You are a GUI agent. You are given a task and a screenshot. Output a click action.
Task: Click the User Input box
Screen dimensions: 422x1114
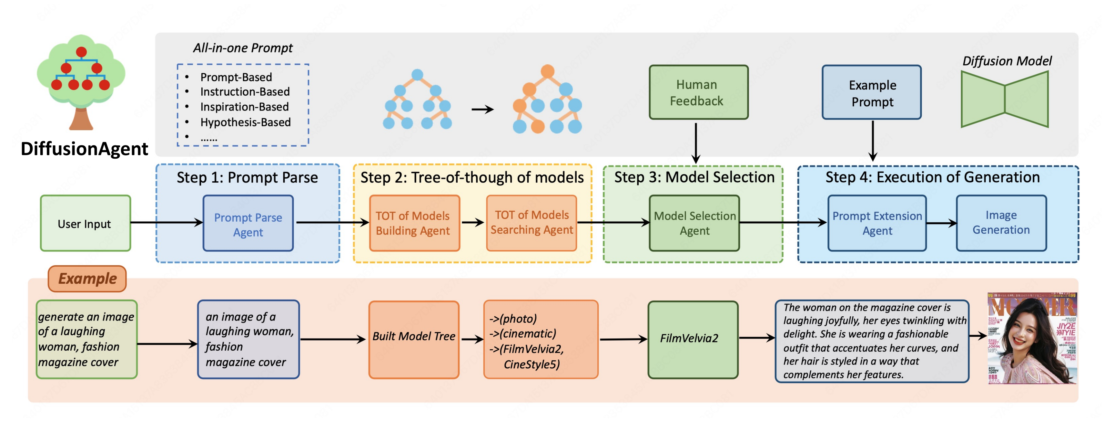[85, 223]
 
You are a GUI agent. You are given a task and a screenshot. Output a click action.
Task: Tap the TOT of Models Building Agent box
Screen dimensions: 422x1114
[414, 223]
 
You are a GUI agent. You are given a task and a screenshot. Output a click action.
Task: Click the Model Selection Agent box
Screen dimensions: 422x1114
[694, 223]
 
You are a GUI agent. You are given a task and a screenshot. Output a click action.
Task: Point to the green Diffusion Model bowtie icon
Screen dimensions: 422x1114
[1004, 99]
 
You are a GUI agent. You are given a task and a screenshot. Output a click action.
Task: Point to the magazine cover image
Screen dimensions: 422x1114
[1031, 338]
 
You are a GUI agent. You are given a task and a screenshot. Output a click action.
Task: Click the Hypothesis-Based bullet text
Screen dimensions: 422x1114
[245, 122]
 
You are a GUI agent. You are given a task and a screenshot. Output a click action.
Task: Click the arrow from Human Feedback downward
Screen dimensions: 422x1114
[695, 142]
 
